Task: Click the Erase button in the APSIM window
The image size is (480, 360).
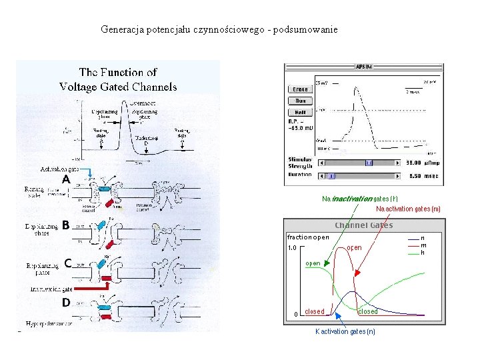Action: [x=300, y=89]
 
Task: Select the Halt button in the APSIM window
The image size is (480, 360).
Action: [x=300, y=112]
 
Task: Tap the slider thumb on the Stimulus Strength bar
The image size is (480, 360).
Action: [x=369, y=163]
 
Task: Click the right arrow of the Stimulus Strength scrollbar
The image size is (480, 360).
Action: [x=400, y=163]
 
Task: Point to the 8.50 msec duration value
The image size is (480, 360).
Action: [x=423, y=176]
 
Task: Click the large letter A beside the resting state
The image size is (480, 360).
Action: [x=67, y=180]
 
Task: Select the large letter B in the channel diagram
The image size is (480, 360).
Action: [x=66, y=225]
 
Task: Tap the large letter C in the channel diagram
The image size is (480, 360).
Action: [x=68, y=263]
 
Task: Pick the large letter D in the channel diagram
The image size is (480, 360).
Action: [x=67, y=302]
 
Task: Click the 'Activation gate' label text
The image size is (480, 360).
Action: [x=59, y=169]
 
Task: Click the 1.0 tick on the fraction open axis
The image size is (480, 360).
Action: [x=292, y=248]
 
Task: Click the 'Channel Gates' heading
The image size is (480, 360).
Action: [x=363, y=225]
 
